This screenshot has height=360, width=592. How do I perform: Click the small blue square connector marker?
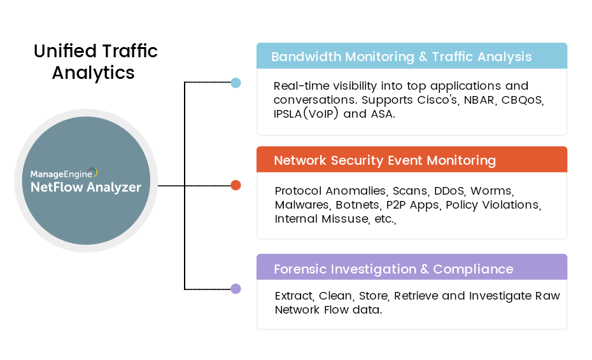(x=236, y=83)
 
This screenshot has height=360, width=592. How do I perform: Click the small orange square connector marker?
(x=236, y=186)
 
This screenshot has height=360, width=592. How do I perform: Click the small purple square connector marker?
(x=236, y=289)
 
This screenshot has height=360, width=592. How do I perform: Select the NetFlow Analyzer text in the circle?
(x=86, y=187)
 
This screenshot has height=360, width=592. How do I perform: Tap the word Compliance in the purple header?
(x=473, y=269)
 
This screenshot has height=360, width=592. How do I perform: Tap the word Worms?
(x=492, y=191)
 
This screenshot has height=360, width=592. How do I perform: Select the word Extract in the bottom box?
(x=294, y=296)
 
